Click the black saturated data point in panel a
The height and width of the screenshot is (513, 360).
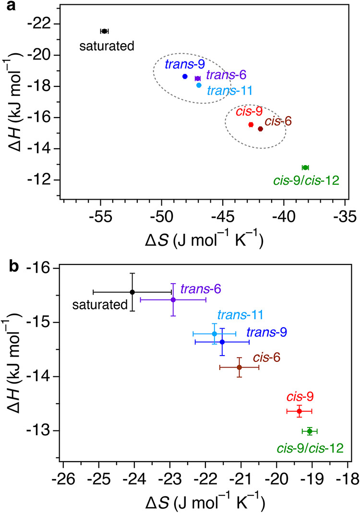[105, 31]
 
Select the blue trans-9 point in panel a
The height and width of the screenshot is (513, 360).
[185, 76]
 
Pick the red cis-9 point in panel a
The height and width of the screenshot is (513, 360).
[251, 125]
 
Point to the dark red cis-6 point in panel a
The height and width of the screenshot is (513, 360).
[260, 129]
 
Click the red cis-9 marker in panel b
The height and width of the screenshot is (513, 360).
[299, 411]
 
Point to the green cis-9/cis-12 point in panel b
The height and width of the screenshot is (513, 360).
[310, 431]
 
